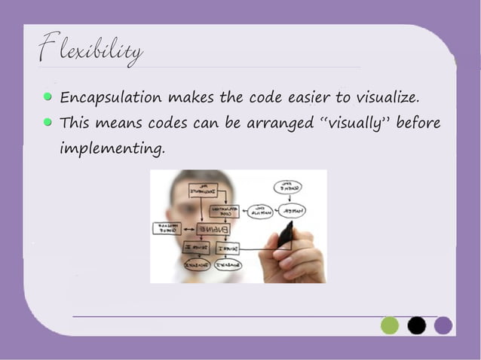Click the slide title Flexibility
(x=90, y=50)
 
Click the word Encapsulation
(x=110, y=98)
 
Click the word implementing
(x=111, y=148)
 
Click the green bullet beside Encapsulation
(x=48, y=97)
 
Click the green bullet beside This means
(x=48, y=121)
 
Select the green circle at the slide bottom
(x=390, y=325)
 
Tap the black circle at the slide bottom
(x=417, y=325)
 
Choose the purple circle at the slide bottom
(x=443, y=325)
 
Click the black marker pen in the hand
(x=286, y=233)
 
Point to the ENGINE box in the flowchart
(x=214, y=228)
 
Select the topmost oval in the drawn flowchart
(x=287, y=187)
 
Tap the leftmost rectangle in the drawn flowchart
(x=167, y=227)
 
